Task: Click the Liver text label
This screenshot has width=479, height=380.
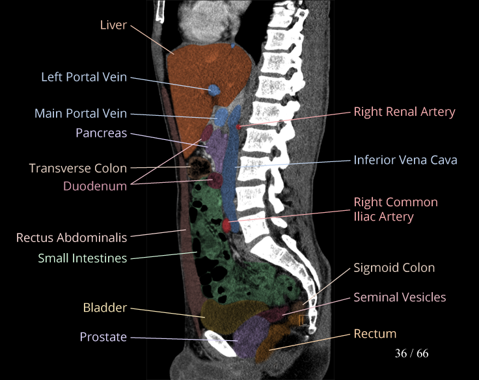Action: [x=113, y=25]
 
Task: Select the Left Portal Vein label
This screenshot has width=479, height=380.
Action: [x=84, y=77]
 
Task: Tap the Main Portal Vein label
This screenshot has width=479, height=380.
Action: [x=81, y=114]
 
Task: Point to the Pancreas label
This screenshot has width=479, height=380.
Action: [x=101, y=133]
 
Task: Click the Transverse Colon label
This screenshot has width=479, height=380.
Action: [x=78, y=169]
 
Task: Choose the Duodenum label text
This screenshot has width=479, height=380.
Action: [x=95, y=186]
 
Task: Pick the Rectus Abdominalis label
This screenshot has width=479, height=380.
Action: [x=72, y=238]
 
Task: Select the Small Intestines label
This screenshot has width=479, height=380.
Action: [x=82, y=258]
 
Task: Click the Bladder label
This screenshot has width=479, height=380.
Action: [x=105, y=307]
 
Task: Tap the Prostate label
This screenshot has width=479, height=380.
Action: [x=103, y=337]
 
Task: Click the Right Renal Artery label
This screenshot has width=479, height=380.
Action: [x=404, y=112]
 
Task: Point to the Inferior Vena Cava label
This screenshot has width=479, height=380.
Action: [x=405, y=159]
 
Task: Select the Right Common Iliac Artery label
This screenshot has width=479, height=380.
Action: [x=395, y=210]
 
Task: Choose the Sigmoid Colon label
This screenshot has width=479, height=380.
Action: [x=394, y=267]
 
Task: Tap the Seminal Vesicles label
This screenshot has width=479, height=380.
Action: [x=400, y=297]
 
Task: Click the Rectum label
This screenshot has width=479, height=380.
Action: [x=375, y=334]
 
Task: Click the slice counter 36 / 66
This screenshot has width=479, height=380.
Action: [x=411, y=354]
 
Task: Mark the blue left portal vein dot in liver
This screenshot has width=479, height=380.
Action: [x=213, y=90]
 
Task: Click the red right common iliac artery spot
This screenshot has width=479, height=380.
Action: [x=226, y=225]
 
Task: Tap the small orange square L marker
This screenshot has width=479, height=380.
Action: [x=303, y=320]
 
